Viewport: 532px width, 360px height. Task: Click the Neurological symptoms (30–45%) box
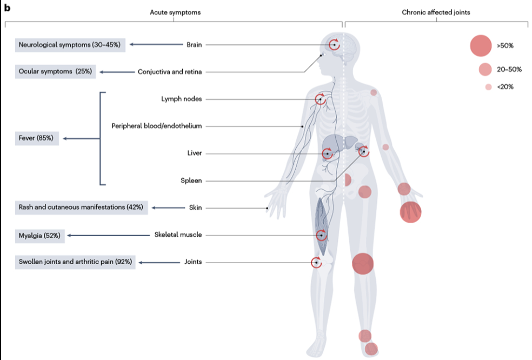click(70, 44)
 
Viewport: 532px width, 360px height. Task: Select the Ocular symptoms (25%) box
click(55, 71)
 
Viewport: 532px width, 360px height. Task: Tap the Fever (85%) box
click(36, 138)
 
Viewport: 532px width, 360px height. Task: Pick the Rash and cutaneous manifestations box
click(81, 208)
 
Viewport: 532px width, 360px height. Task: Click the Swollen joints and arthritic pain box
click(75, 262)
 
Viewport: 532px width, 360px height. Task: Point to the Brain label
click(194, 44)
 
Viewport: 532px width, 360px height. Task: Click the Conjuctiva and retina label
click(170, 71)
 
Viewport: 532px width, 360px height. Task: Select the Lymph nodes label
click(181, 99)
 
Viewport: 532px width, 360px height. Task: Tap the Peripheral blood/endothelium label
click(157, 126)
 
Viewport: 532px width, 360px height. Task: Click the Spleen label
click(191, 181)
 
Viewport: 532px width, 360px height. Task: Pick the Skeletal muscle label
click(178, 235)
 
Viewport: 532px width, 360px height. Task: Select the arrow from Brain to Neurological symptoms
click(154, 44)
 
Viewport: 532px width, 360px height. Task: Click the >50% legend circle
click(481, 45)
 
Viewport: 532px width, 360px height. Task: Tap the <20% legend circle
click(488, 86)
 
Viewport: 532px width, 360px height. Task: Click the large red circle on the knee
click(363, 264)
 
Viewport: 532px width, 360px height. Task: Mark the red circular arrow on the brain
click(335, 44)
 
